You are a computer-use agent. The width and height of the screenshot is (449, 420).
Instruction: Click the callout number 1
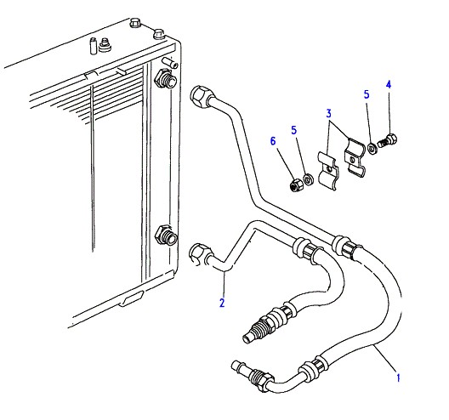coord(398,377)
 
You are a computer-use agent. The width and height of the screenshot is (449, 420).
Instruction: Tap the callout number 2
coord(222,303)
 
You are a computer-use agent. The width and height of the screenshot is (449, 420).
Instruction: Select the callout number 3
coord(329,114)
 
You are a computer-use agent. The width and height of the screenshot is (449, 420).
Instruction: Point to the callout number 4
coord(389,84)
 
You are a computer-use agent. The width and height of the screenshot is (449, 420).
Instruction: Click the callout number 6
coord(273,141)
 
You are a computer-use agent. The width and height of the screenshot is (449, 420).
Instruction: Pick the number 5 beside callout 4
coord(367,94)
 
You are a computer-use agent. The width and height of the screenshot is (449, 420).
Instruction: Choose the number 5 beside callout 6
coord(293,130)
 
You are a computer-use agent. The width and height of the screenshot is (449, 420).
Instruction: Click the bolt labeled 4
coord(388,141)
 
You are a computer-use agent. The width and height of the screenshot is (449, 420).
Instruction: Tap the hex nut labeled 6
coord(296,185)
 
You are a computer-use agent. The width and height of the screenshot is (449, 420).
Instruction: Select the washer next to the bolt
coord(372,148)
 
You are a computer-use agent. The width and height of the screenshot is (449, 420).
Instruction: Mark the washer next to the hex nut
coord(308,179)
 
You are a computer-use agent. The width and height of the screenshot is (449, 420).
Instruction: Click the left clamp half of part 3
coord(328,171)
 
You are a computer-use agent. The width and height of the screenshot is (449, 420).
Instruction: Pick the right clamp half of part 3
coord(355,158)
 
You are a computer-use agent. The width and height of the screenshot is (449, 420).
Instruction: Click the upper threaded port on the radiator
coord(166,79)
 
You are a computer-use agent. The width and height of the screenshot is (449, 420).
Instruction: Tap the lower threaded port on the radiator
coord(166,235)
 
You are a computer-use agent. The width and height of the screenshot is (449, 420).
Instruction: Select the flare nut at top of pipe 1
coord(200,96)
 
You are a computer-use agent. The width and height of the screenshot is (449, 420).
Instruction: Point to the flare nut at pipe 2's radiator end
coord(199,253)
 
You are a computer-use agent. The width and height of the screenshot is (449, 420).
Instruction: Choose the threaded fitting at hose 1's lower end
coord(252,375)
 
